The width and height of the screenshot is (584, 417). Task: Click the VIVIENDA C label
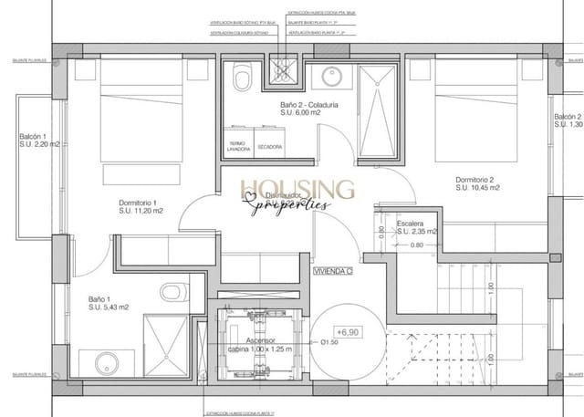point(333,271)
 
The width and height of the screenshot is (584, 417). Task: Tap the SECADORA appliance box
point(269,146)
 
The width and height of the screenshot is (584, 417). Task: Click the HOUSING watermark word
point(297,189)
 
